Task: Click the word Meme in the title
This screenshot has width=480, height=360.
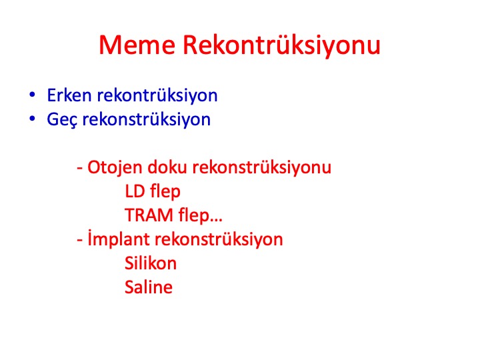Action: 137,45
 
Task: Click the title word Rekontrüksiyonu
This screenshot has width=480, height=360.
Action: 281,45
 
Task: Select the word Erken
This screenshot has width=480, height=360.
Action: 69,95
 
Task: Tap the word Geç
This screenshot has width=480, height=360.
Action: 62,120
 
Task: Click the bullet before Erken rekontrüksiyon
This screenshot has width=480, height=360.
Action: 32,95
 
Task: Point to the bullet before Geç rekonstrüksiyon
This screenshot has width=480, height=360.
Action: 32,119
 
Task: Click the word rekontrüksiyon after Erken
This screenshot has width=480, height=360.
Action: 157,95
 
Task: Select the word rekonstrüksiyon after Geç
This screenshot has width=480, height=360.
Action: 146,119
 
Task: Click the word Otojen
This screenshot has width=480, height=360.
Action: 115,168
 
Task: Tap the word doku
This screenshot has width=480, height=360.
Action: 167,167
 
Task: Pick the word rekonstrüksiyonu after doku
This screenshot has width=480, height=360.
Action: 262,168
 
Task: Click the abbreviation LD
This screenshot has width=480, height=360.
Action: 135,191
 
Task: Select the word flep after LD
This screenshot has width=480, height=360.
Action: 165,192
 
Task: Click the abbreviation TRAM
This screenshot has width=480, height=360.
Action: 149,215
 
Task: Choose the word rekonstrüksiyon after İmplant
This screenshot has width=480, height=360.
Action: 219,239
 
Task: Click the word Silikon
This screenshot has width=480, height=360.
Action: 151,263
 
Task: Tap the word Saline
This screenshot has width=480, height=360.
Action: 149,287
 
